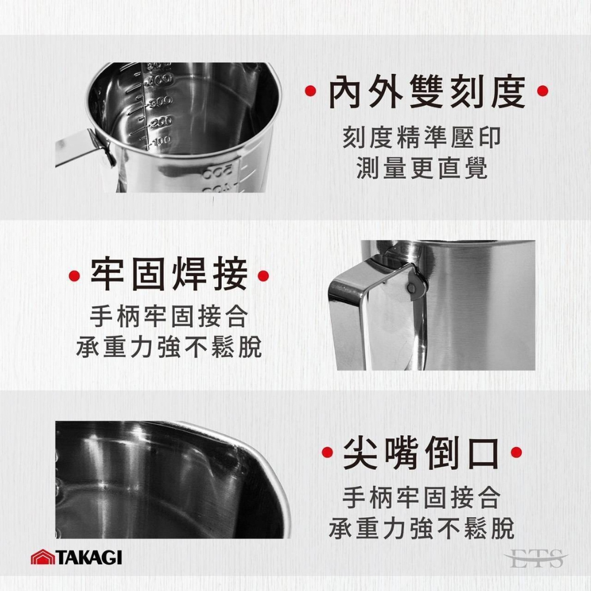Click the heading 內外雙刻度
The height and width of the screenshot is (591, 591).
pyautogui.click(x=427, y=92)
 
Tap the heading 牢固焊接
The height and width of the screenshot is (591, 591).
pyautogui.click(x=169, y=275)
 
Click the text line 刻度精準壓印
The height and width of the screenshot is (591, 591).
pyautogui.click(x=422, y=138)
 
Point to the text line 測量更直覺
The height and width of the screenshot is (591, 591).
pyautogui.click(x=422, y=168)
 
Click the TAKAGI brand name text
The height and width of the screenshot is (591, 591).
pyautogui.click(x=89, y=557)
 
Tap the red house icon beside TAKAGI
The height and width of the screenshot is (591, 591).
pyautogui.click(x=43, y=557)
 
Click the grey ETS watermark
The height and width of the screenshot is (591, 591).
pyautogui.click(x=535, y=558)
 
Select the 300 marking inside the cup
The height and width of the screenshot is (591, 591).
pyautogui.click(x=161, y=101)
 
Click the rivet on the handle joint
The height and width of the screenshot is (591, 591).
pyautogui.click(x=413, y=288)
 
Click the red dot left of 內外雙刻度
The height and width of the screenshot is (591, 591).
pyautogui.click(x=311, y=90)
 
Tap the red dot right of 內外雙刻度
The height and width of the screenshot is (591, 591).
pyautogui.click(x=543, y=90)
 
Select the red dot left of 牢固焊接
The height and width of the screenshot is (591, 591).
pyautogui.click(x=74, y=276)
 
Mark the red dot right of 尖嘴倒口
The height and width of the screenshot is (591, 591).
pyautogui.click(x=517, y=452)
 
